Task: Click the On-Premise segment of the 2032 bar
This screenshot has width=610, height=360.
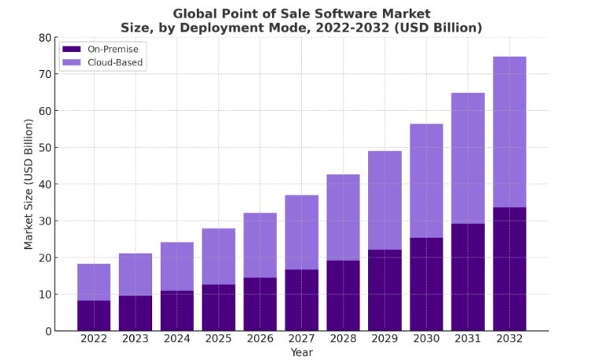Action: click(x=509, y=269)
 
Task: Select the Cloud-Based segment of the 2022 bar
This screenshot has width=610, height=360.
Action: click(x=94, y=282)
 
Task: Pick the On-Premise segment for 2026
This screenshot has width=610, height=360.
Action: click(x=260, y=304)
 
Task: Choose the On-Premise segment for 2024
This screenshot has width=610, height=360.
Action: click(x=177, y=310)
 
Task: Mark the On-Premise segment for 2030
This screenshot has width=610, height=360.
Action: click(x=426, y=284)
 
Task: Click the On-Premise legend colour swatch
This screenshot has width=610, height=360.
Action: click(x=72, y=49)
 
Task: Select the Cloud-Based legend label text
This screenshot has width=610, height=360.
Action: click(x=115, y=63)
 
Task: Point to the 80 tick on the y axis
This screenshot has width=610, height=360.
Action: click(x=45, y=38)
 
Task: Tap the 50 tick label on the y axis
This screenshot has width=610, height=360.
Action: click(x=45, y=148)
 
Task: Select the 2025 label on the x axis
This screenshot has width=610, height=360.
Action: click(x=218, y=340)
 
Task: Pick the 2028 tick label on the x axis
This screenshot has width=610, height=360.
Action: click(x=343, y=340)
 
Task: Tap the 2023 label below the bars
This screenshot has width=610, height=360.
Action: click(x=136, y=340)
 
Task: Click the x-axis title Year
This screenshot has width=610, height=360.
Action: click(x=301, y=352)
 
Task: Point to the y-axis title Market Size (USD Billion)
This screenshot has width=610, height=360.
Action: click(x=29, y=184)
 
